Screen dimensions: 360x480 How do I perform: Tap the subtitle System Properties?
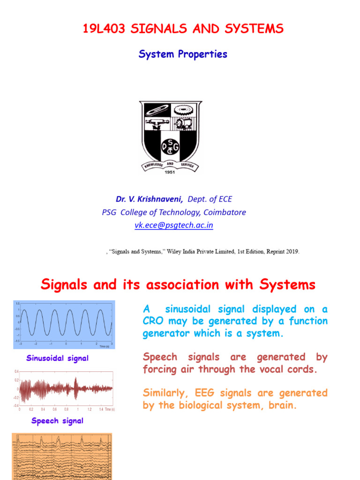183,54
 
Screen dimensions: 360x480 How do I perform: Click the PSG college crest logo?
171,134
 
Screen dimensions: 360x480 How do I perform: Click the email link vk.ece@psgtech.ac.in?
174,225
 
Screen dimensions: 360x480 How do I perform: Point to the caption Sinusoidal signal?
57,358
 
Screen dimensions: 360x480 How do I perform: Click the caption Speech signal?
57,420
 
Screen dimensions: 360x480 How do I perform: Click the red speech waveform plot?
66,389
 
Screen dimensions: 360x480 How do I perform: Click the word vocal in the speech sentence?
271,369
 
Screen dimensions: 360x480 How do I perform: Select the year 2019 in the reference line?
291,251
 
